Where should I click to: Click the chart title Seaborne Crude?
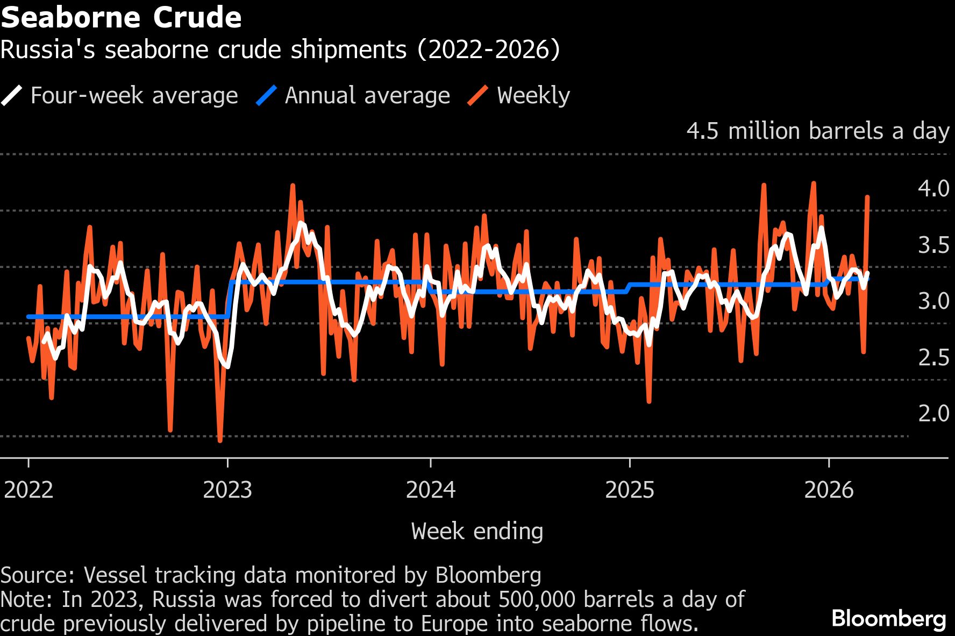click(x=121, y=17)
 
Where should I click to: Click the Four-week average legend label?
click(x=134, y=96)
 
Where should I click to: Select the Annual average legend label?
click(x=367, y=96)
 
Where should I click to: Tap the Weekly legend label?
click(x=533, y=96)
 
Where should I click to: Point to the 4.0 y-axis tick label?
click(x=933, y=188)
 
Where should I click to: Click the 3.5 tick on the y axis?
click(x=933, y=245)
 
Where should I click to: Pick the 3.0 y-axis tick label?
click(x=933, y=301)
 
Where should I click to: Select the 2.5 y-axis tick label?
click(x=933, y=357)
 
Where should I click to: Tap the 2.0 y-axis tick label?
click(x=933, y=413)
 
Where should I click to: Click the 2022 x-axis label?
click(x=28, y=490)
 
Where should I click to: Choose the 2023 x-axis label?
click(x=227, y=490)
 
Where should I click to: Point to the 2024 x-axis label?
click(x=431, y=490)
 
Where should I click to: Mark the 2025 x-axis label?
click(x=630, y=490)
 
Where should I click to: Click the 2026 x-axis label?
click(x=829, y=490)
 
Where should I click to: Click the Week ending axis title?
click(x=477, y=532)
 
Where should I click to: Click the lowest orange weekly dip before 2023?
click(x=220, y=441)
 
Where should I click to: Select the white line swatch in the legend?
click(x=12, y=96)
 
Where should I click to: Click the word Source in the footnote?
click(x=36, y=575)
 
